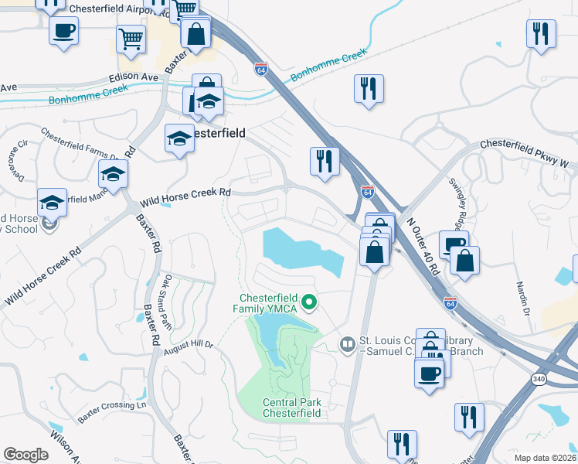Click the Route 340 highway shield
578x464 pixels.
coord(539,379)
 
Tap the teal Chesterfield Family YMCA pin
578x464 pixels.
coord(309,302)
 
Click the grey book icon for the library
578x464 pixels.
coord(348,343)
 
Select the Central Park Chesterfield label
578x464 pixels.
coord(291,408)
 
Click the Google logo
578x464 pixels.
coord(25,455)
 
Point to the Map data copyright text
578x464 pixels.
coord(544,458)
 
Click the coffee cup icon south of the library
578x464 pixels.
coord(428,373)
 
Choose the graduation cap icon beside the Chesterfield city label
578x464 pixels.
coord(179,138)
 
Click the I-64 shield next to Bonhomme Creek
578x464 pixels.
coord(261,69)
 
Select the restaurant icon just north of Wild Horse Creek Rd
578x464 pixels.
coord(323,161)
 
